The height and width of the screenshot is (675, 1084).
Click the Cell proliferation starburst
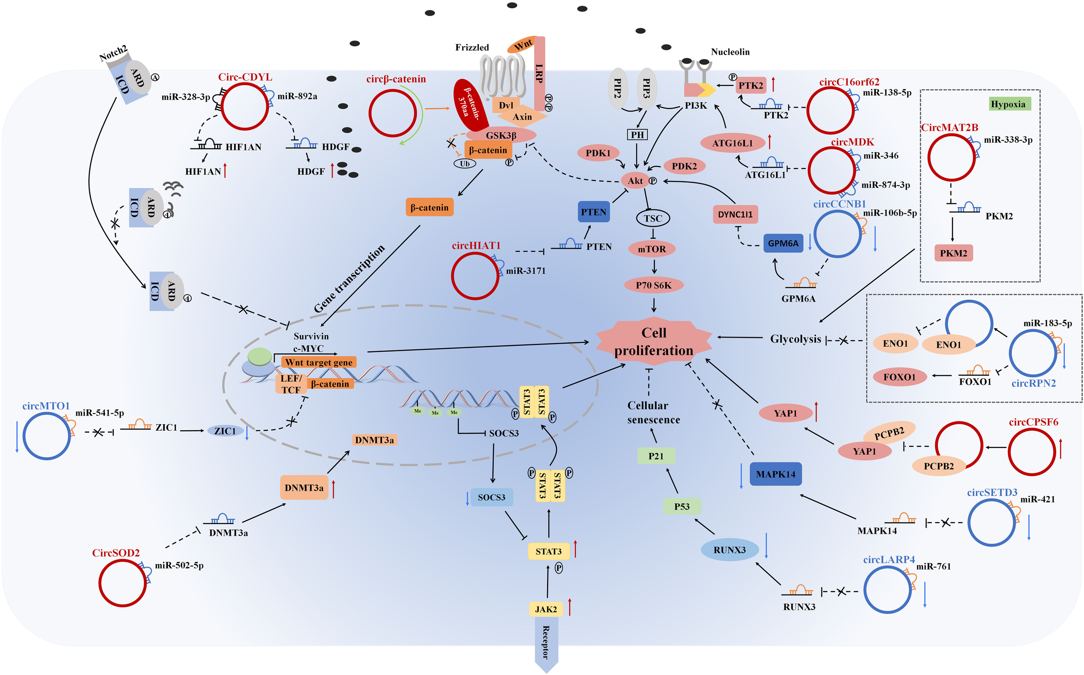click(653, 341)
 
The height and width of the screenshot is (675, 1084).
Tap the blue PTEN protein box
click(594, 212)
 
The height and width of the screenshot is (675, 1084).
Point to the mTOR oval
click(652, 249)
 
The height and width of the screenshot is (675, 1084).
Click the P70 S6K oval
click(653, 285)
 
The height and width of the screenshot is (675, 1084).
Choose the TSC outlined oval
click(653, 218)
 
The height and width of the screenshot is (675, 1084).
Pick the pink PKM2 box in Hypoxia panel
click(953, 253)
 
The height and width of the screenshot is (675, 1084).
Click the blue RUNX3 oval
click(729, 550)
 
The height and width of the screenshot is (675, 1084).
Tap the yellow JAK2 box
click(545, 609)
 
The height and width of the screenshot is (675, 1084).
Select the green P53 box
click(682, 506)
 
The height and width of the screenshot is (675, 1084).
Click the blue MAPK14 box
click(775, 474)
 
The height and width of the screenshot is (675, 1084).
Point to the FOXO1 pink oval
click(899, 377)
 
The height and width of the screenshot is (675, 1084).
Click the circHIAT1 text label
click(476, 246)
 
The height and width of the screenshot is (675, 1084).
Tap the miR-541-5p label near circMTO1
click(99, 413)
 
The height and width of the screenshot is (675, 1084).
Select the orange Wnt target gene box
click(319, 362)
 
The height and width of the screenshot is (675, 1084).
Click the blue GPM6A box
click(783, 243)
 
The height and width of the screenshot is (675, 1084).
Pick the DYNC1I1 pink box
click(735, 214)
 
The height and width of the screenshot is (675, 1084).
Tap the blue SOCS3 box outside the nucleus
click(491, 497)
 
